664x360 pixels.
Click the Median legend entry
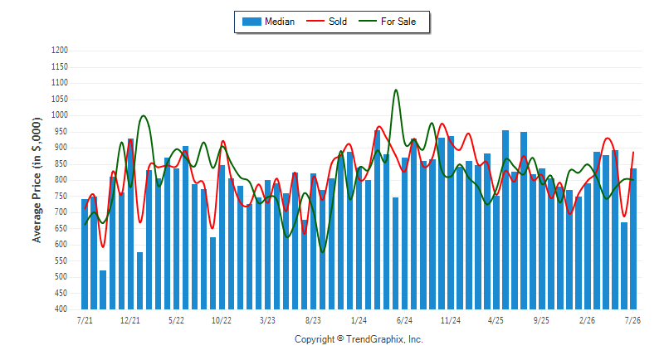(268, 22)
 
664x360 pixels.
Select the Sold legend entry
(326, 22)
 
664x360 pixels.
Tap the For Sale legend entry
(387, 22)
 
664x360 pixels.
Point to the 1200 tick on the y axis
(60, 51)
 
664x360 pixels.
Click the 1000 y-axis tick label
(60, 115)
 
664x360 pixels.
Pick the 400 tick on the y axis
(61, 309)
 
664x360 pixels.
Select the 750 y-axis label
(61, 196)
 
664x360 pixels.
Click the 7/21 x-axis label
(85, 320)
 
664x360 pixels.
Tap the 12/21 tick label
(130, 320)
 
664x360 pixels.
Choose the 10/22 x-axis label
(222, 320)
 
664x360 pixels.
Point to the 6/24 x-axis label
(404, 320)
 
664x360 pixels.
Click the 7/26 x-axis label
(632, 320)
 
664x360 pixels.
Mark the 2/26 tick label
(587, 320)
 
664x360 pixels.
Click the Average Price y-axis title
(37, 180)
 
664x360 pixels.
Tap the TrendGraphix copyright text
(359, 339)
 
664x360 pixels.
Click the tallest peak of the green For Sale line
(396, 90)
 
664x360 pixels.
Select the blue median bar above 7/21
(85, 255)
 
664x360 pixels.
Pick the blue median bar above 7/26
(633, 239)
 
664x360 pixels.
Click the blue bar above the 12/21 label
(130, 224)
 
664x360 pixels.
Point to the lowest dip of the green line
(323, 252)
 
